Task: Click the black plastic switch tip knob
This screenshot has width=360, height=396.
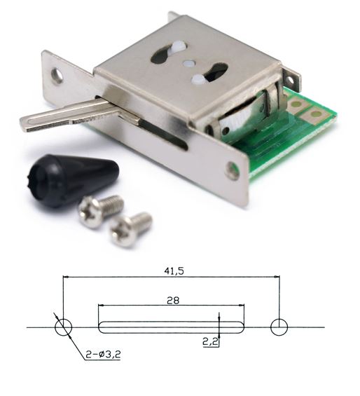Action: (73, 180)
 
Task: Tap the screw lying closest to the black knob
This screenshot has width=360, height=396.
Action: (100, 212)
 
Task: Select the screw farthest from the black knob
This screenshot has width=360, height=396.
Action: (130, 229)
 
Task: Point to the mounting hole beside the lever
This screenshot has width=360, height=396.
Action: (57, 75)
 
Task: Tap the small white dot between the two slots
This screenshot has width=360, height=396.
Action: (188, 63)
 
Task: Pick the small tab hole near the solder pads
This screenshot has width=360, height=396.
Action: (291, 81)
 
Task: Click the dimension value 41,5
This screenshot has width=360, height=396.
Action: (174, 271)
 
